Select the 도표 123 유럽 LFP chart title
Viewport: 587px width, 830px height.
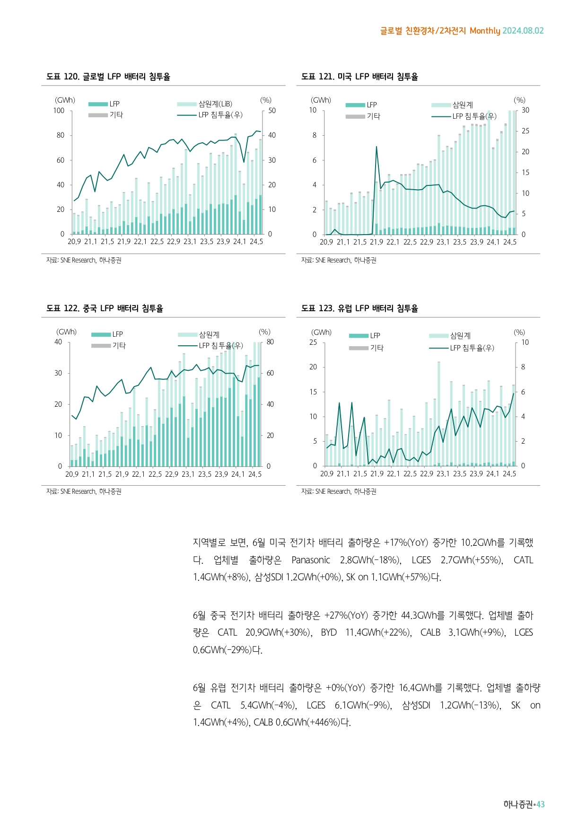point(359,308)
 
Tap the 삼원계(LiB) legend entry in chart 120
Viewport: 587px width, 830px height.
point(215,104)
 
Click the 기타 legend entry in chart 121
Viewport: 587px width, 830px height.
point(373,116)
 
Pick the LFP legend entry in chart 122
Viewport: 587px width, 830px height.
point(117,334)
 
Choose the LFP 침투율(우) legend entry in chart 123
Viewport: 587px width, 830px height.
point(472,348)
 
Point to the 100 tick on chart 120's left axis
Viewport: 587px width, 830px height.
point(59,111)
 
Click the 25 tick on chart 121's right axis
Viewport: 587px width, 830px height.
point(526,131)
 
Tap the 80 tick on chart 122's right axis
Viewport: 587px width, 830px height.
point(270,342)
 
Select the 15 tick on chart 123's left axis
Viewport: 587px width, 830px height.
point(313,392)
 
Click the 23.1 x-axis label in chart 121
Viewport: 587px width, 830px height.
point(443,242)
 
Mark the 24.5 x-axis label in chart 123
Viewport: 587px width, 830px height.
point(509,474)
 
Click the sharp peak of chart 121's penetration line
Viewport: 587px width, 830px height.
point(377,147)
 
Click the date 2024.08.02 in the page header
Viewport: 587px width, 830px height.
point(523,31)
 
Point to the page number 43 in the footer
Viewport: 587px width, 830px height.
point(541,804)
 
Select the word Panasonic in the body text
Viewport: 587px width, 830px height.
point(311,560)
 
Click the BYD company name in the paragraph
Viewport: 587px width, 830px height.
point(329,633)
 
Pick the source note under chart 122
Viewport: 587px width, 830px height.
point(84,492)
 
